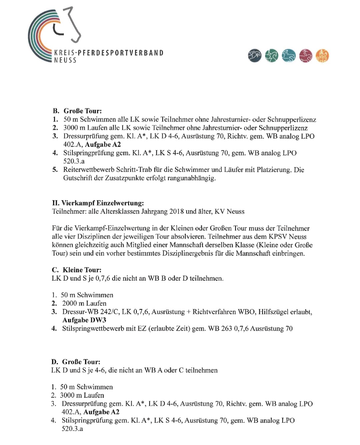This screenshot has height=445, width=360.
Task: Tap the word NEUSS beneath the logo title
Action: tap(65, 60)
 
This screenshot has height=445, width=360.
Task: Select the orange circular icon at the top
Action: tap(322, 56)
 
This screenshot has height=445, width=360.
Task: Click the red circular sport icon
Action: tap(306, 56)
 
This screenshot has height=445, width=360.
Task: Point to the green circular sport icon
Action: tap(272, 56)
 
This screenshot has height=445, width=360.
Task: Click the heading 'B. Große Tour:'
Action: tap(77, 111)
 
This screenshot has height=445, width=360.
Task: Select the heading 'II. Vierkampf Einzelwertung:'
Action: tap(98, 203)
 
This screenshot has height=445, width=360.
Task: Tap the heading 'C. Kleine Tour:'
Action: tap(77, 270)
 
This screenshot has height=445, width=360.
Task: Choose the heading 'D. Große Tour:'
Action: tap(76, 362)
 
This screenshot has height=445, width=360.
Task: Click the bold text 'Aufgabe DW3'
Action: tap(84, 320)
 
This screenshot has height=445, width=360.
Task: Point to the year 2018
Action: tap(177, 211)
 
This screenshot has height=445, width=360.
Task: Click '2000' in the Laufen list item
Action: tap(69, 304)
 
